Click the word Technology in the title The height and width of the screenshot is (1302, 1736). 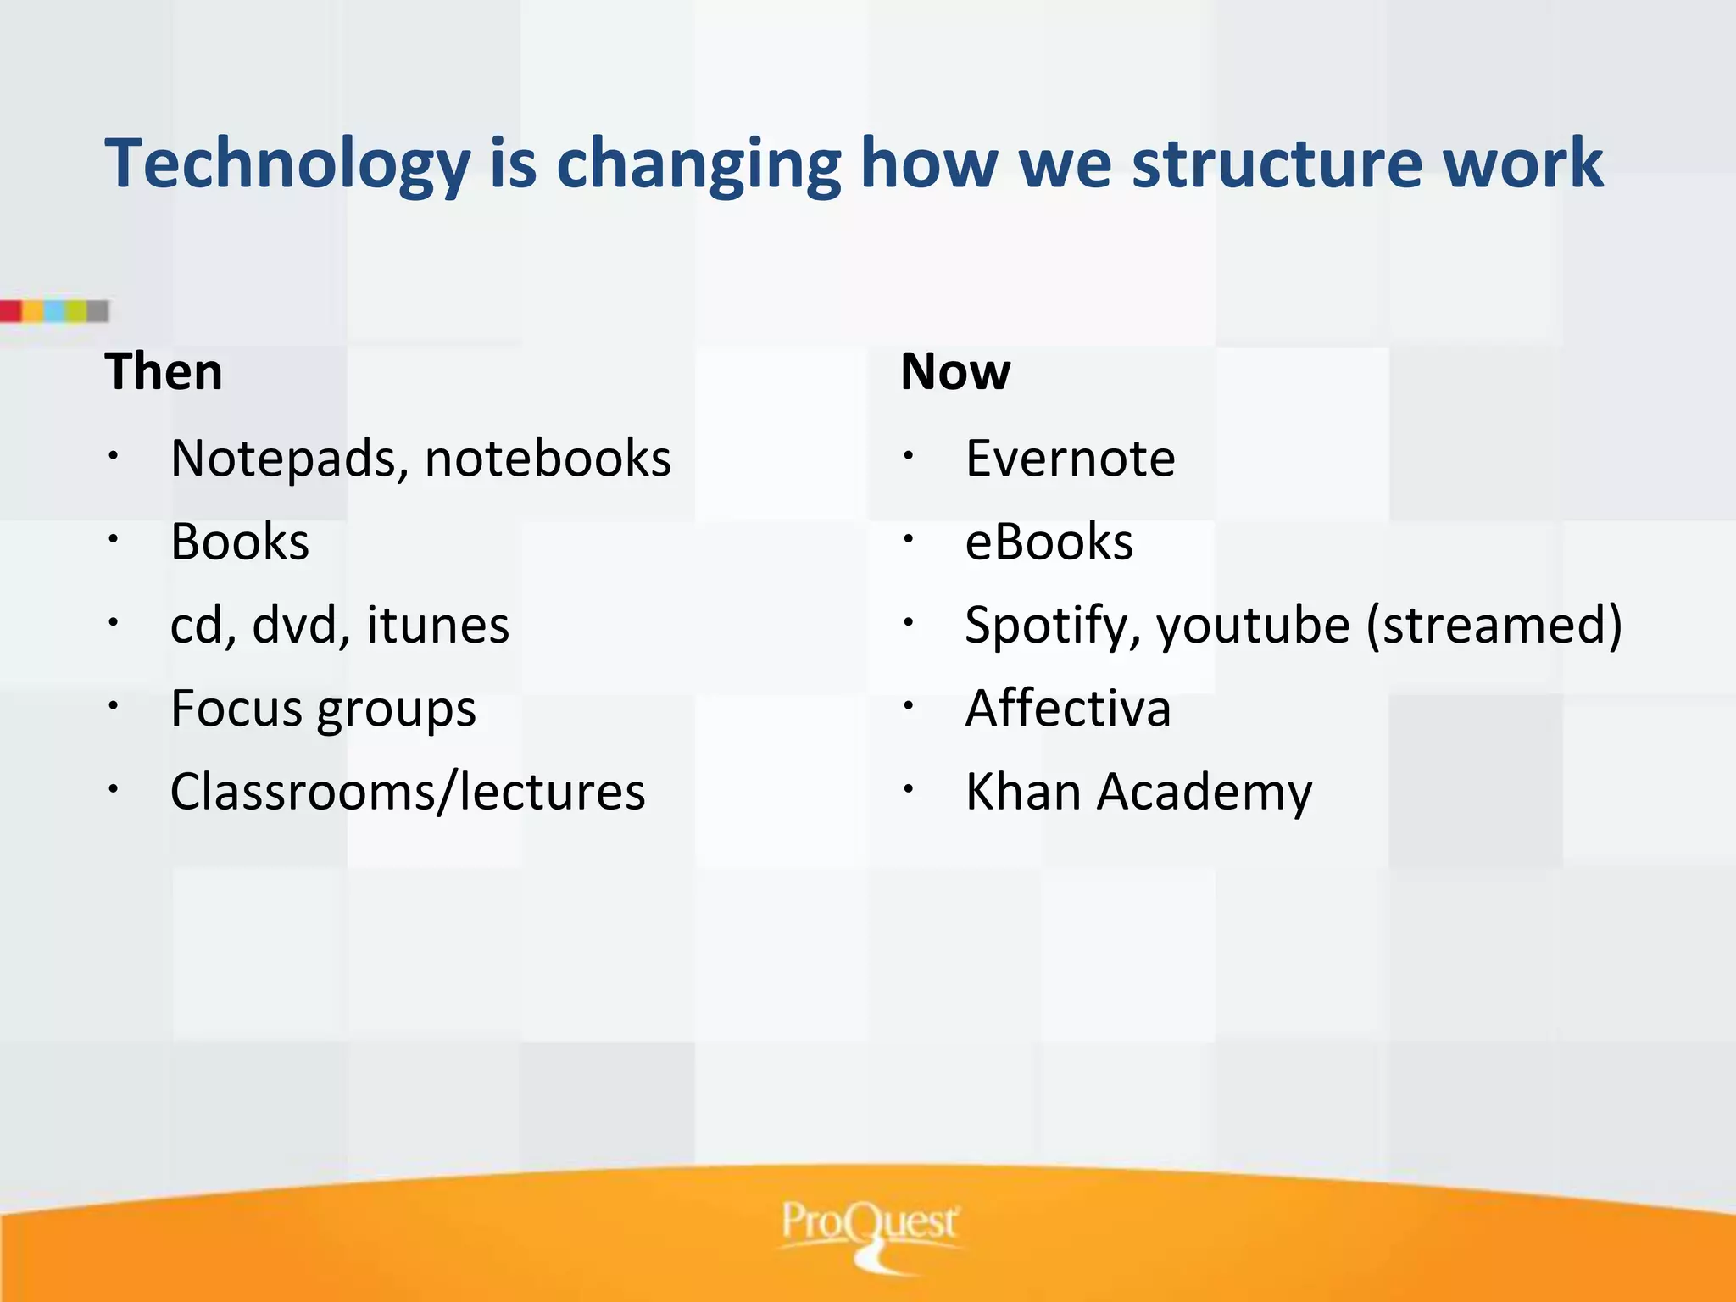click(287, 163)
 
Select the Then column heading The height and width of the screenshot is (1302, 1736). click(164, 371)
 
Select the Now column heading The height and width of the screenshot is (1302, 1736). click(955, 371)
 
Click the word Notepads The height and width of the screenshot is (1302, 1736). click(283, 459)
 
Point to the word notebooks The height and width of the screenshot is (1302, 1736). click(548, 459)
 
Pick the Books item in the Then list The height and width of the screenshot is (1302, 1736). click(240, 542)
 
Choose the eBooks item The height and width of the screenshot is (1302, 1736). click(1049, 542)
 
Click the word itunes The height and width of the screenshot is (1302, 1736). click(437, 626)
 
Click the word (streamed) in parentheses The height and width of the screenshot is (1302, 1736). click(1494, 626)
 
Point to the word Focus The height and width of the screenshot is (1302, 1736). click(234, 709)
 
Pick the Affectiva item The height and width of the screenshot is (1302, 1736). click(1068, 709)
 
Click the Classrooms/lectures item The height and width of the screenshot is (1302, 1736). click(408, 792)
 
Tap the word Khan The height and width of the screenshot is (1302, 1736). click(1021, 792)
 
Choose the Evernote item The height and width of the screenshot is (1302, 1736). click(1070, 459)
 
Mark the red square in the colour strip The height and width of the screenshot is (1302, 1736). click(10, 311)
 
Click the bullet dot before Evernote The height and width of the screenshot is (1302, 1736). click(908, 456)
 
